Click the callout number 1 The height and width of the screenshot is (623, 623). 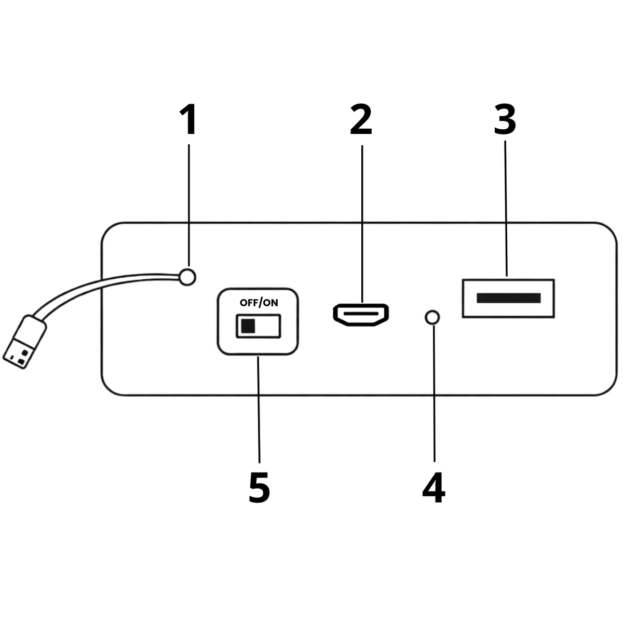(x=188, y=120)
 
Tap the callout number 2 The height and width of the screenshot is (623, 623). (x=361, y=120)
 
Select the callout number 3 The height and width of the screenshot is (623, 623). (x=505, y=119)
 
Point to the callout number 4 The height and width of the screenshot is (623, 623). (x=434, y=489)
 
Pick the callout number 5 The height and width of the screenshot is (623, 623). (x=259, y=489)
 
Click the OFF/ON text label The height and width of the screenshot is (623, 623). (x=259, y=303)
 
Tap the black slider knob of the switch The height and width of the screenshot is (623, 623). (x=248, y=326)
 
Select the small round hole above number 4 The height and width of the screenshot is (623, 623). (x=432, y=318)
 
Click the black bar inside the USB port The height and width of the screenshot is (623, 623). (x=509, y=298)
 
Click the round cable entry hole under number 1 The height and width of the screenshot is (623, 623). (x=187, y=277)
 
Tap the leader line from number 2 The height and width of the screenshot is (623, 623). (x=362, y=224)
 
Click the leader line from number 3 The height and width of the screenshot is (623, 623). (x=506, y=208)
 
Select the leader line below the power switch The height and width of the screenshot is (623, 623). (x=259, y=410)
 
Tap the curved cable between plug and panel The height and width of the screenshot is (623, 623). (x=97, y=286)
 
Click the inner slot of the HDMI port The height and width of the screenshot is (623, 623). (x=361, y=314)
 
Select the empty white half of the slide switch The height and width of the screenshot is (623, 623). (x=267, y=326)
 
